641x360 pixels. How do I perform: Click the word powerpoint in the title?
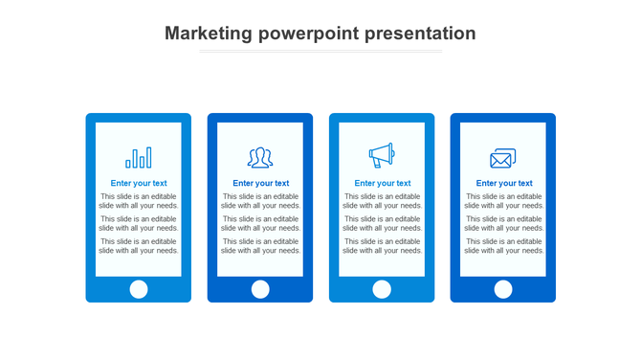(308, 34)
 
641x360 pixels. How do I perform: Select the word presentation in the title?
(419, 34)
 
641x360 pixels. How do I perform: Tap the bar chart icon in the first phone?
(139, 157)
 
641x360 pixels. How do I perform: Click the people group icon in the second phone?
(260, 157)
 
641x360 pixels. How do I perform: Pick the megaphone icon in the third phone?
(382, 155)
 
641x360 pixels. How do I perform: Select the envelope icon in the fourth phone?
(503, 158)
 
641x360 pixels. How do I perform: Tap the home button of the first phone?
(139, 289)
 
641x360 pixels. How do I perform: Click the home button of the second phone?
(260, 289)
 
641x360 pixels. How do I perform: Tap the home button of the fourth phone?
(503, 289)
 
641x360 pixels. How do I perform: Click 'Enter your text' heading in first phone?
(139, 183)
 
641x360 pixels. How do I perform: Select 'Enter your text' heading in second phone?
(260, 183)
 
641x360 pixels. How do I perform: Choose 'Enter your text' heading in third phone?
(382, 183)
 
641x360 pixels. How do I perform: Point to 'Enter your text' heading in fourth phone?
(504, 183)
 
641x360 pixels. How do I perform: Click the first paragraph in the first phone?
(139, 201)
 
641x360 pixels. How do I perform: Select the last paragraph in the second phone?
(260, 246)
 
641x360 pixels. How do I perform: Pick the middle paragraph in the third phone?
(382, 223)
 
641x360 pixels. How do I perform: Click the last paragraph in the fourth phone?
(504, 246)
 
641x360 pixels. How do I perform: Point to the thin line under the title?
(320, 52)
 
